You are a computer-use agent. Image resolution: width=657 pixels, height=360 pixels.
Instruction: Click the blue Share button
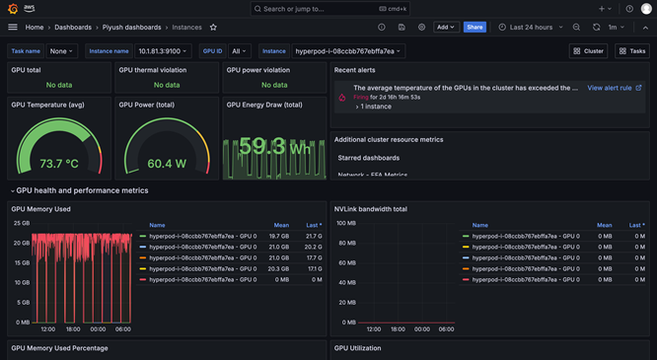tap(474, 28)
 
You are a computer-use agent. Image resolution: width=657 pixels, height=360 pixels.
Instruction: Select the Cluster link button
tap(589, 51)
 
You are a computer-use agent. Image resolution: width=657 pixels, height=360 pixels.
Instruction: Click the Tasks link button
tap(632, 51)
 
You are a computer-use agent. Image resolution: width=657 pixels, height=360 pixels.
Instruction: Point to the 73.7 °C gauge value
tap(59, 163)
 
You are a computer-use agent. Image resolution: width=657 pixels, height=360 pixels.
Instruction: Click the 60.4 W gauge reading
tap(167, 163)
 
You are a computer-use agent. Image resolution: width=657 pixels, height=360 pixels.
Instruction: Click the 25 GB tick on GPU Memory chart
tap(21, 224)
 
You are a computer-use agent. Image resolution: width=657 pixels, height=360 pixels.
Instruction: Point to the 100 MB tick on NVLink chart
tap(345, 224)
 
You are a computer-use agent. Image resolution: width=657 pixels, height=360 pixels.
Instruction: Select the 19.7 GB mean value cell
tap(279, 236)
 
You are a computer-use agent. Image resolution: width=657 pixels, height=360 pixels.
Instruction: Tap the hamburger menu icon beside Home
tap(12, 28)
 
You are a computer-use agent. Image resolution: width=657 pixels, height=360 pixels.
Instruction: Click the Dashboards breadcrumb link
tap(72, 28)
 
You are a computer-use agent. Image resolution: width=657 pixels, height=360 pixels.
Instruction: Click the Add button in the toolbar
tap(446, 28)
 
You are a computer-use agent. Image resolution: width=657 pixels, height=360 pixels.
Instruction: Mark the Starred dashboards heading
tap(368, 158)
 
